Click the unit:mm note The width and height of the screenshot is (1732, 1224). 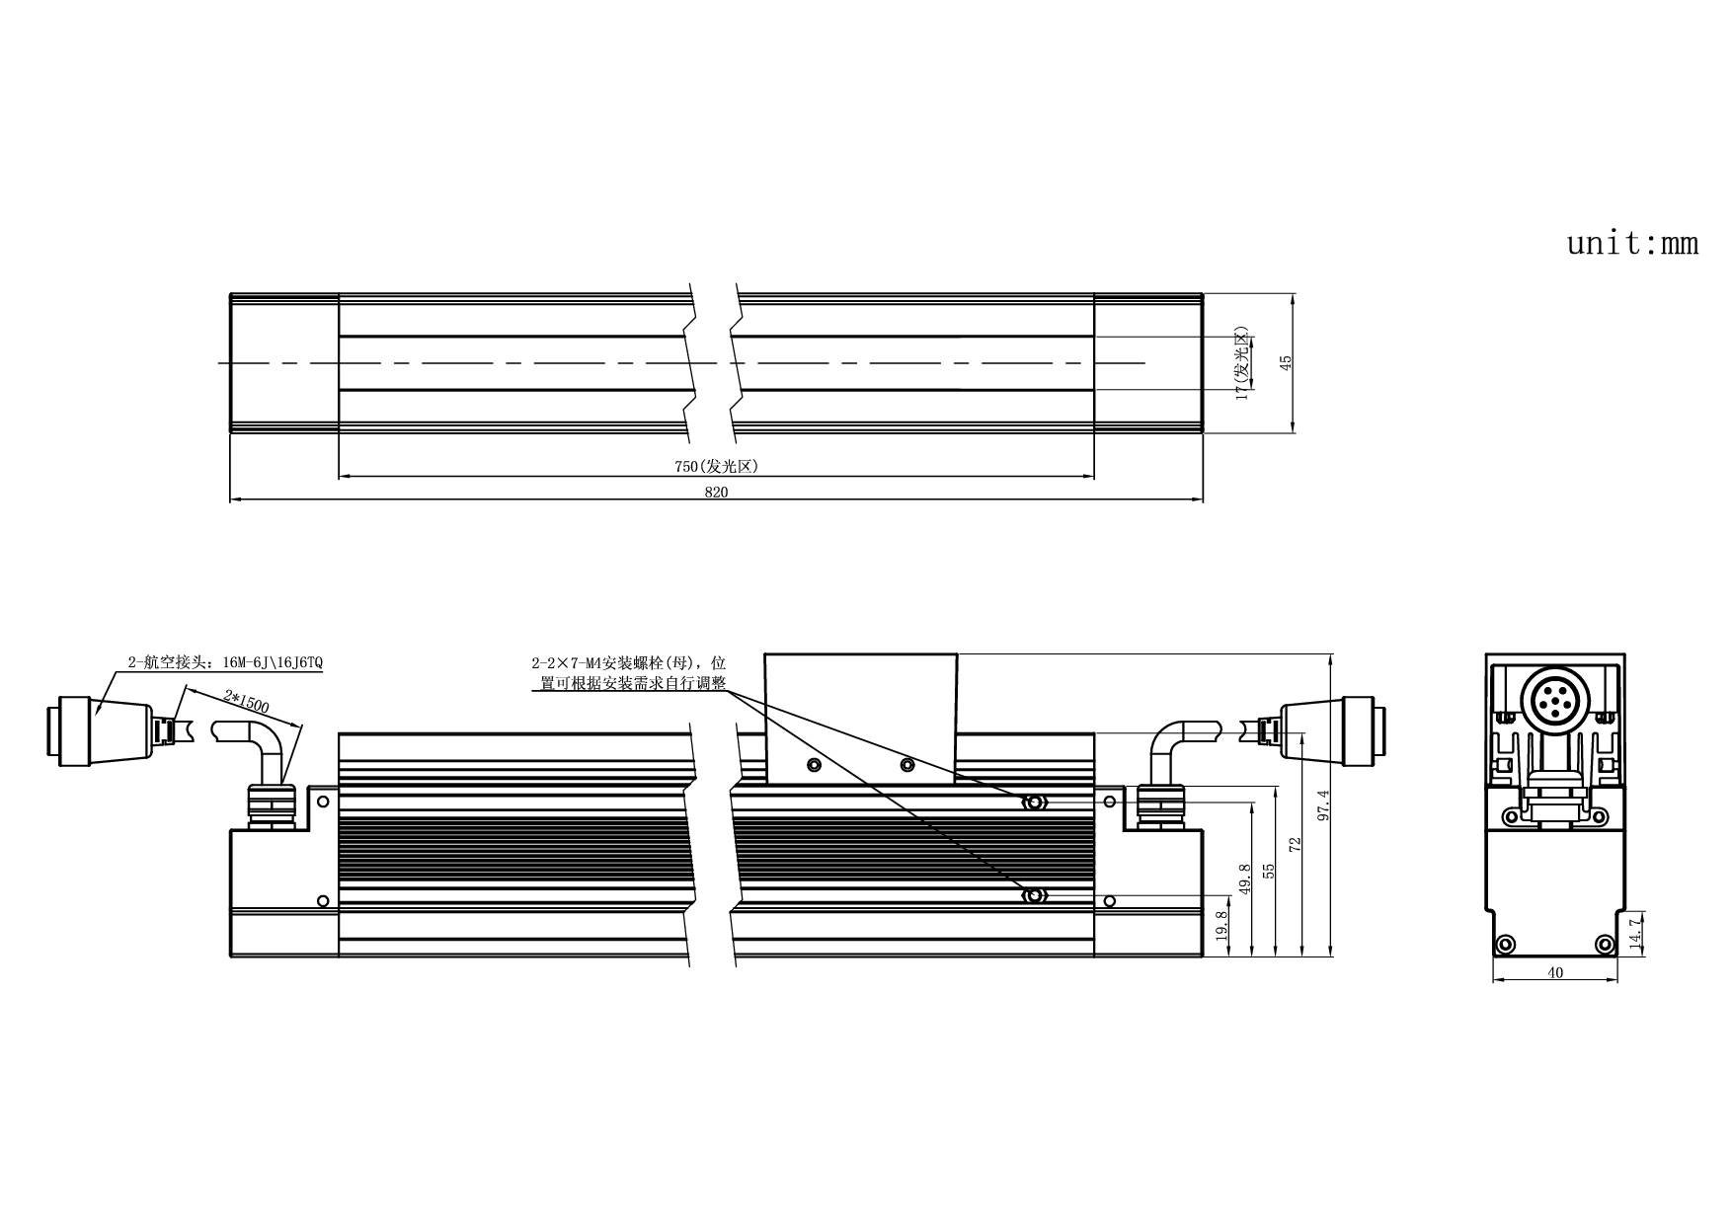(1632, 243)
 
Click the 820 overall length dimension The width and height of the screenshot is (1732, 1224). (716, 493)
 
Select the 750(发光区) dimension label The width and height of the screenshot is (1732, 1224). (716, 467)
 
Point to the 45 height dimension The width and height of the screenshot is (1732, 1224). (1286, 363)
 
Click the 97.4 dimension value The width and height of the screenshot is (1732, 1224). (1324, 805)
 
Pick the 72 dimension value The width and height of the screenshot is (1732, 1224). (1296, 844)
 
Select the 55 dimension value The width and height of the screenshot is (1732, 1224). (1270, 871)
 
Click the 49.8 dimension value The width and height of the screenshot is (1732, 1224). (1244, 880)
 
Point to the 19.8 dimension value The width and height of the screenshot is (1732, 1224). (1221, 927)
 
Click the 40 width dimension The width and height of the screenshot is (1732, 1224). (1555, 972)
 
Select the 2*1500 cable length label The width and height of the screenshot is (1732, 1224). (246, 703)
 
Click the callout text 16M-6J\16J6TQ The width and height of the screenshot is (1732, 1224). (266, 662)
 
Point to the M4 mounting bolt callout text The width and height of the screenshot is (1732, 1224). (629, 673)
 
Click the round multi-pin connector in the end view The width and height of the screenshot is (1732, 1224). (1554, 701)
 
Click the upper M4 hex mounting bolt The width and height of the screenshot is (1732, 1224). (1034, 803)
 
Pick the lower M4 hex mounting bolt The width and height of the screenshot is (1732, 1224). (1034, 896)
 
